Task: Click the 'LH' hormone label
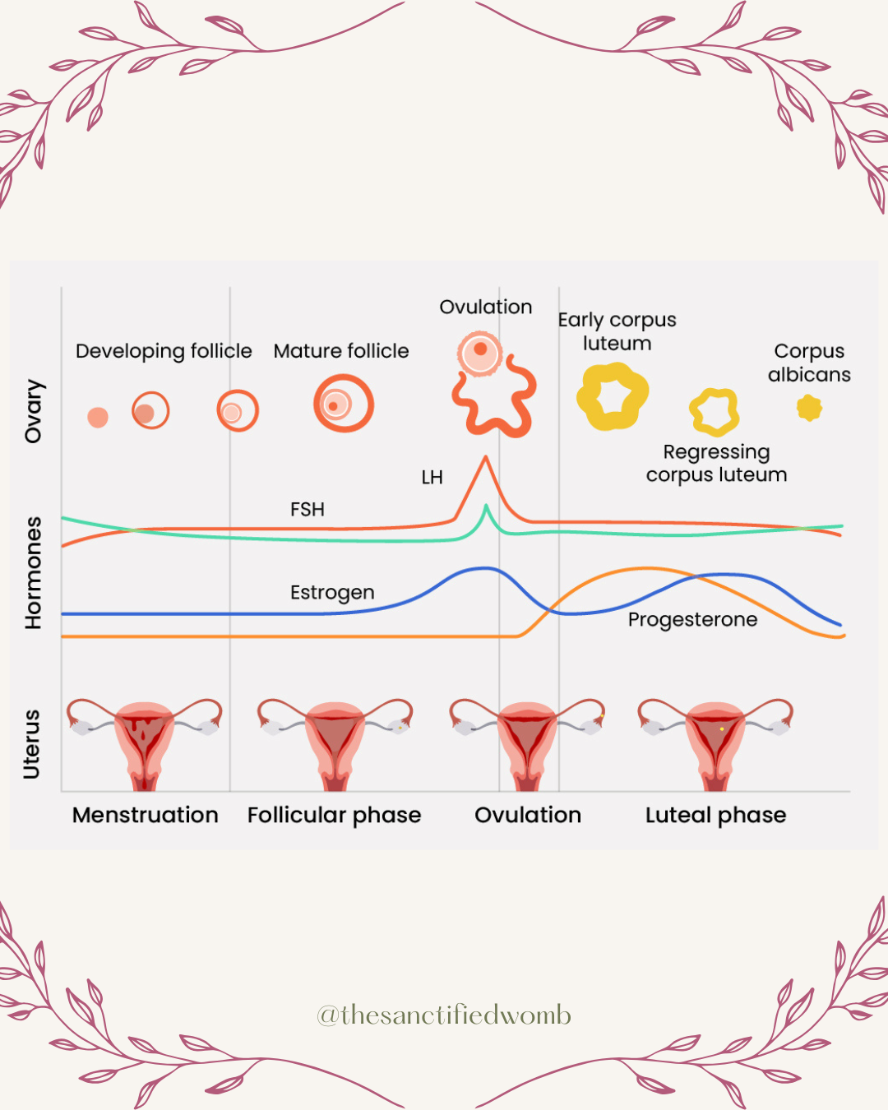click(x=432, y=478)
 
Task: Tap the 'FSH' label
click(x=308, y=510)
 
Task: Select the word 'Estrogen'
click(x=332, y=593)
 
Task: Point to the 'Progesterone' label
click(x=692, y=620)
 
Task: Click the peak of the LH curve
click(x=486, y=458)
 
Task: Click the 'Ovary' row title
click(x=34, y=411)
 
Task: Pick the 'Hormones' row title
click(x=34, y=573)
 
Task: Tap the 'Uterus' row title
click(x=32, y=744)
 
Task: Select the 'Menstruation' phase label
click(x=146, y=815)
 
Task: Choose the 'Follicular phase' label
click(x=334, y=815)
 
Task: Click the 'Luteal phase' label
click(x=715, y=815)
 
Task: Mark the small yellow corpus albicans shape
click(x=809, y=407)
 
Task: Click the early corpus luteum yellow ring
click(x=613, y=397)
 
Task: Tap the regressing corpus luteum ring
click(x=715, y=412)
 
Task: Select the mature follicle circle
click(x=344, y=404)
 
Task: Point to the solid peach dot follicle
click(x=98, y=417)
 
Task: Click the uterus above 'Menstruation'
click(x=145, y=740)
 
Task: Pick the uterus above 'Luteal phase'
click(x=715, y=740)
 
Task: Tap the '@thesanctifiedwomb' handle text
click(x=444, y=1015)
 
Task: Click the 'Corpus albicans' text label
click(x=809, y=363)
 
